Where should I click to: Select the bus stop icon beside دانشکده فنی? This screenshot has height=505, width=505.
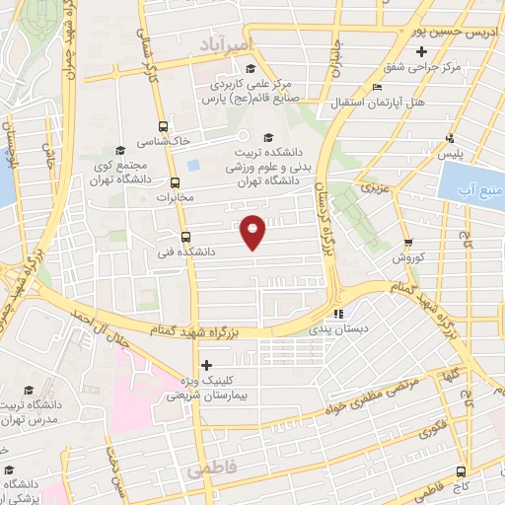coord(187,237)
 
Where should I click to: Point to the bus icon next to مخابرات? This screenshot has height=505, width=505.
coord(176,182)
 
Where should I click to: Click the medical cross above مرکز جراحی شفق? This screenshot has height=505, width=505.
coord(422,51)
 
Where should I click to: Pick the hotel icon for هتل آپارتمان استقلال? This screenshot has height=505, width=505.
coord(377,88)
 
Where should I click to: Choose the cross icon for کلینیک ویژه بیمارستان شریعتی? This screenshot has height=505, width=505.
coord(206,366)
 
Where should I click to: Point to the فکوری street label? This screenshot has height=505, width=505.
coord(430,429)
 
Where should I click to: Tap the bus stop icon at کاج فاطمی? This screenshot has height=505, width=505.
coord(463,470)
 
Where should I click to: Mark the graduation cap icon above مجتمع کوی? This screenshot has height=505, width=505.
coord(119,151)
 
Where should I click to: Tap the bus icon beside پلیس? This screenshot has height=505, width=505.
coord(450,138)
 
